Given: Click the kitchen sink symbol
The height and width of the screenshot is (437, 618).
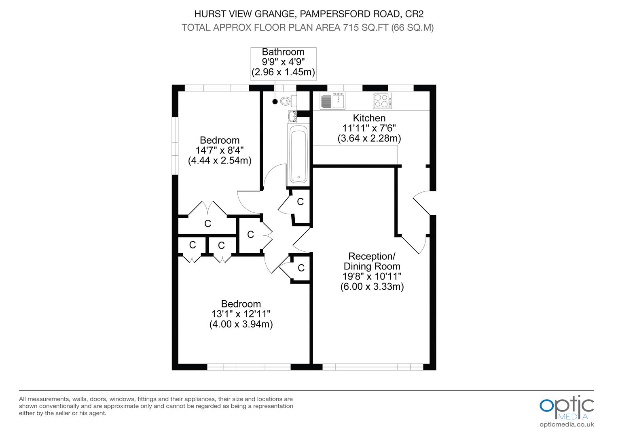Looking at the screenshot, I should [332, 101].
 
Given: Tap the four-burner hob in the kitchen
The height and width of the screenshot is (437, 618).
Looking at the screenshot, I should [382, 101].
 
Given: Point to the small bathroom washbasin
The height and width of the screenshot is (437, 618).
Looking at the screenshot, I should [292, 116].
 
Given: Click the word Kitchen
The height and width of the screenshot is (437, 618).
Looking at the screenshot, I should [369, 118].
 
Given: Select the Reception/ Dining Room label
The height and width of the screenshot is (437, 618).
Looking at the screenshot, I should [372, 261].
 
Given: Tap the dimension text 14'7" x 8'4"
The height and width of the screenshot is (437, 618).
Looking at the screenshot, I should [220, 151].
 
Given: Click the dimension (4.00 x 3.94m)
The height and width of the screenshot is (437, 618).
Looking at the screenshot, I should [241, 324].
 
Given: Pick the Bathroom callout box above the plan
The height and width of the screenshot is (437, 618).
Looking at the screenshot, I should [283, 62].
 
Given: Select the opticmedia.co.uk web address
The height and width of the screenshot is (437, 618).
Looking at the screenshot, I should [567, 424].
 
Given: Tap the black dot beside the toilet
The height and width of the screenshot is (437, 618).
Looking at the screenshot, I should [275, 102].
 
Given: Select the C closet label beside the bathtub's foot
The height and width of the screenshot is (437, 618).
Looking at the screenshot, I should [300, 202].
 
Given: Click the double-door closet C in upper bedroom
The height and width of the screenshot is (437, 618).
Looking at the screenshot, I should [207, 223].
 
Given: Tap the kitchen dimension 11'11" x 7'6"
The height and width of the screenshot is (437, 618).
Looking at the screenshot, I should [369, 128].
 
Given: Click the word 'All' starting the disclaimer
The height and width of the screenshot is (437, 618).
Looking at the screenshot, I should [23, 399].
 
